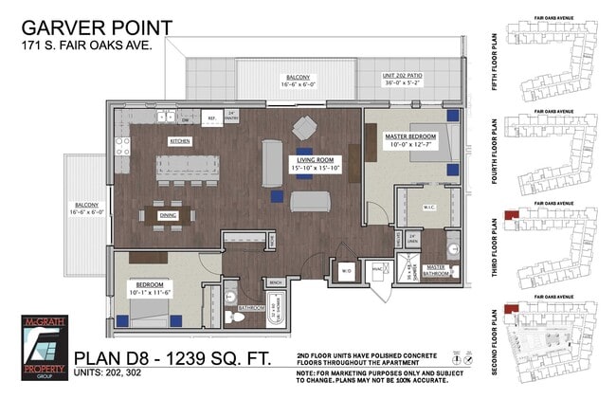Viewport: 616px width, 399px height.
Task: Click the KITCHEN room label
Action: pos(180,141)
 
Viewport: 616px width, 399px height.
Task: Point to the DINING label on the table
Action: pos(168,215)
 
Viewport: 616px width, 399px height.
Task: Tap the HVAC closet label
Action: pos(377,269)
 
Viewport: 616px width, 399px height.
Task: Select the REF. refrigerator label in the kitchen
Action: pos(211,118)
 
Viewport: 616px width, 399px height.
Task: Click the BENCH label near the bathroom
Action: pos(277,282)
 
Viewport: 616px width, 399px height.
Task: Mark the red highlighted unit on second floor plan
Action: pos(512,308)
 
